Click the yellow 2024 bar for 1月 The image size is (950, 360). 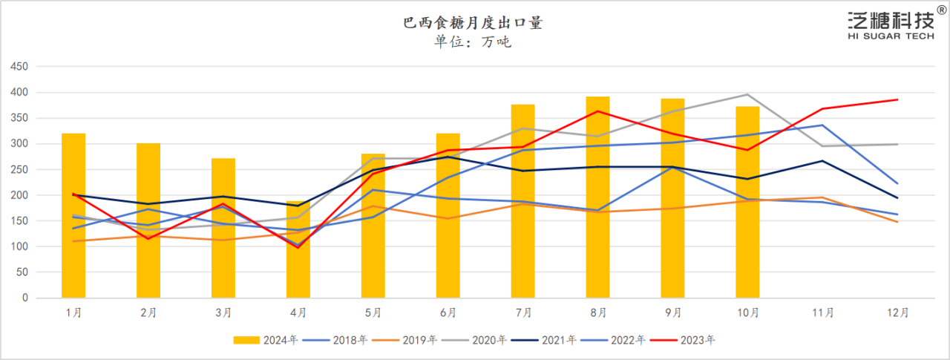coord(73,215)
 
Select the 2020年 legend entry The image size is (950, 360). coord(474,340)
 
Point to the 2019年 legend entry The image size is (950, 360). coord(405,340)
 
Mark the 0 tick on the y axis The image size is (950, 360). coord(24,298)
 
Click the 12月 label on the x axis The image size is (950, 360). coord(898,313)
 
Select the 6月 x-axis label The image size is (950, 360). coord(448,313)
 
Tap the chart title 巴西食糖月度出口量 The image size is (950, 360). coord(473,23)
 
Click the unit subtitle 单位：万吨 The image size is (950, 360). coord(473,42)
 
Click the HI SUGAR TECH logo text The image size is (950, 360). coord(891,36)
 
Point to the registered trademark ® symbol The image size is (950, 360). coord(942,9)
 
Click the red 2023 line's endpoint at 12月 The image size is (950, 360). coord(898,99)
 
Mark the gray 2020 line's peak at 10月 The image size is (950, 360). coord(747,94)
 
